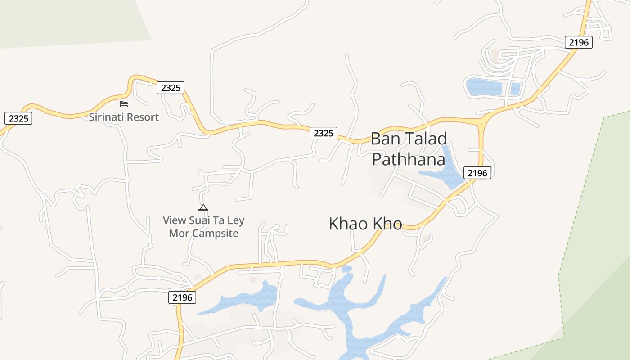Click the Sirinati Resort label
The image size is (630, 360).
pos(124,117)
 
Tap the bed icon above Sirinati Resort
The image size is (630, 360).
pos(124,104)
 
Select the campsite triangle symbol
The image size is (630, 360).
pos(203,207)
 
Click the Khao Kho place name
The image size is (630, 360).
pos(365,224)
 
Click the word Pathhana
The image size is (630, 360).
pos(409,159)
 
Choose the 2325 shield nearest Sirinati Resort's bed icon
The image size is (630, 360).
pos(171,88)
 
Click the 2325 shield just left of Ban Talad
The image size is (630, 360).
pos(324,133)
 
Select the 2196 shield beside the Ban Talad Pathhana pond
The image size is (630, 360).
pos(477,173)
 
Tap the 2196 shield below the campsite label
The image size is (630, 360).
pos(182,297)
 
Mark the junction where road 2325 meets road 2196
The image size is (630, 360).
pos(481,122)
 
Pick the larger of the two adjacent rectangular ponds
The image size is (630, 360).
pos(484,87)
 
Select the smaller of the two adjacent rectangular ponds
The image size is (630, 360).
pos(516,88)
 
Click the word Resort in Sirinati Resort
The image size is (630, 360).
pos(142,117)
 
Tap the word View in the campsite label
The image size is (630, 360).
pos(174,220)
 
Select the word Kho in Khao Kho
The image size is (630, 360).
pos(387,224)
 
